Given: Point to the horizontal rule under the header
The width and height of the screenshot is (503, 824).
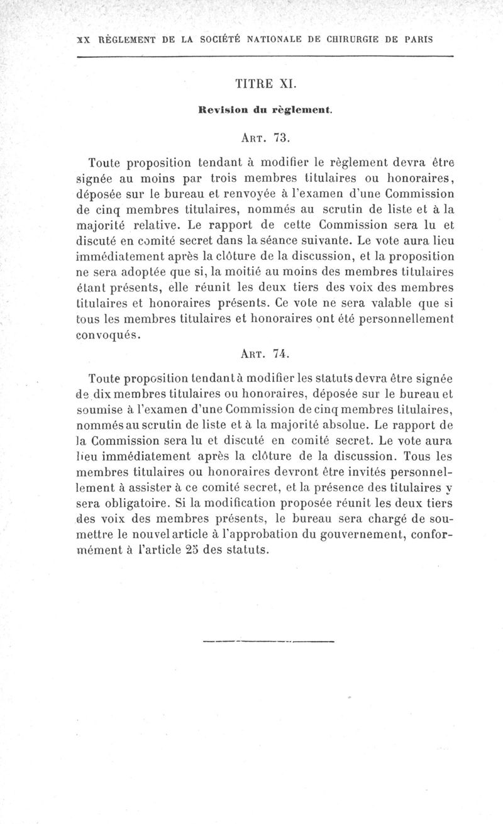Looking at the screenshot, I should point(265,57).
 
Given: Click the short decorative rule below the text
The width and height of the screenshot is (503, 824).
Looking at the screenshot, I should point(269,642).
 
